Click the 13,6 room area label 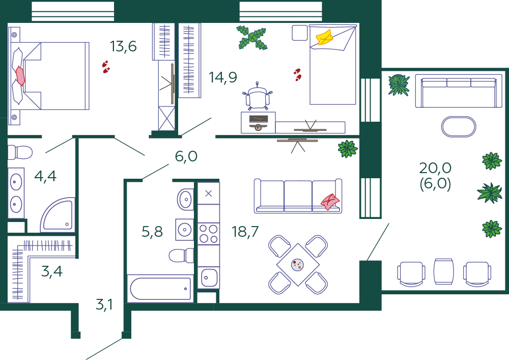[123, 46]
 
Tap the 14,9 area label [223, 77]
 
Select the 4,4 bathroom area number [45, 176]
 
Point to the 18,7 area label [245, 232]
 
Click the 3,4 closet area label [52, 271]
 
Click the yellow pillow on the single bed [325, 37]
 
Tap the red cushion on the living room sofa [330, 202]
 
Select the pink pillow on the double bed [20, 76]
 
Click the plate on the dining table [298, 265]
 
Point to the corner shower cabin [58, 215]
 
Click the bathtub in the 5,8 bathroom [160, 289]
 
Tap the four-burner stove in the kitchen [208, 234]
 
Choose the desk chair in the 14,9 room [258, 96]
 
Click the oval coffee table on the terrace [459, 127]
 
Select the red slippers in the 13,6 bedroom [106, 67]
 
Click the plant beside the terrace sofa [399, 85]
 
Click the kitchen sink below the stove [208, 278]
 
